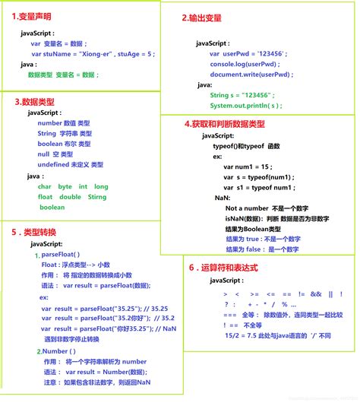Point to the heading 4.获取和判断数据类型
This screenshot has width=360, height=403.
225,123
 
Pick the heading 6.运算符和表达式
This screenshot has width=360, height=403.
224,268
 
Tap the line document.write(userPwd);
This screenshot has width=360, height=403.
248,75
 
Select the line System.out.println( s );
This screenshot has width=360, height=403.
245,105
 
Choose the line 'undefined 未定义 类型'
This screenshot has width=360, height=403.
70,164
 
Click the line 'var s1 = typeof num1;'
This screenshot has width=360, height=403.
259,187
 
